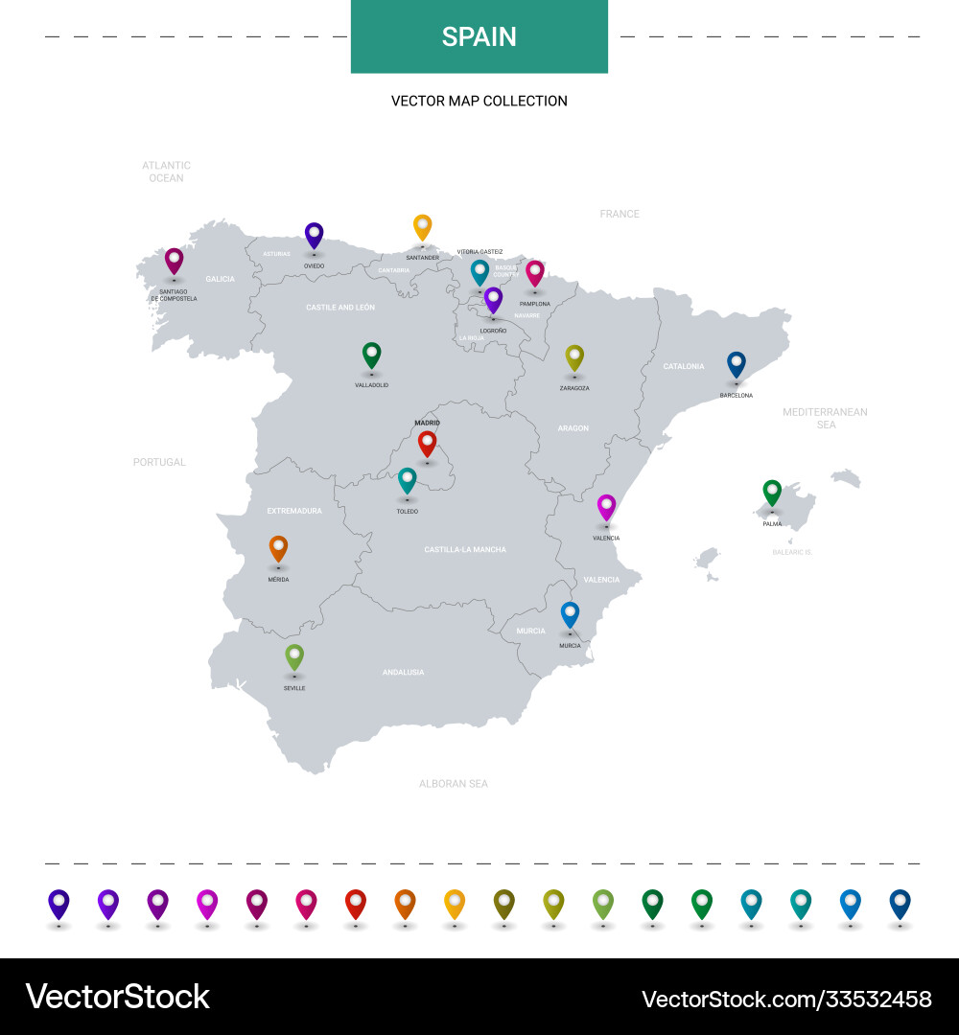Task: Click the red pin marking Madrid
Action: pos(427,443)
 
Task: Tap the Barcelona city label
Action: pos(737,395)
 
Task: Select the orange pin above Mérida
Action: pos(278,547)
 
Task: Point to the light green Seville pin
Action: pos(294,655)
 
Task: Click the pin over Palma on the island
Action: pos(772,492)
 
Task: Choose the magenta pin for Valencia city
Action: pos(606,506)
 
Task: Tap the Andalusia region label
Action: pos(403,672)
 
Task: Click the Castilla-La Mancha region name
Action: pos(465,549)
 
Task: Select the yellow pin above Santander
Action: pos(422,226)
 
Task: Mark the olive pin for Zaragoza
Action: pos(574,356)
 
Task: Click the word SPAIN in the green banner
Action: pos(479,36)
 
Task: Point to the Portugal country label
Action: pos(159,462)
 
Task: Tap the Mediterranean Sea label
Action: pos(825,418)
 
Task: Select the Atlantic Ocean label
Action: pos(166,172)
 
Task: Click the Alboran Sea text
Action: pos(454,783)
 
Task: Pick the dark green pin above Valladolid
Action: pos(371,355)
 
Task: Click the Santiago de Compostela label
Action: pos(174,295)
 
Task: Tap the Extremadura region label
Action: pos(294,511)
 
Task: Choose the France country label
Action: pos(620,214)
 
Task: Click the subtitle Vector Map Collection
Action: pos(479,101)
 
